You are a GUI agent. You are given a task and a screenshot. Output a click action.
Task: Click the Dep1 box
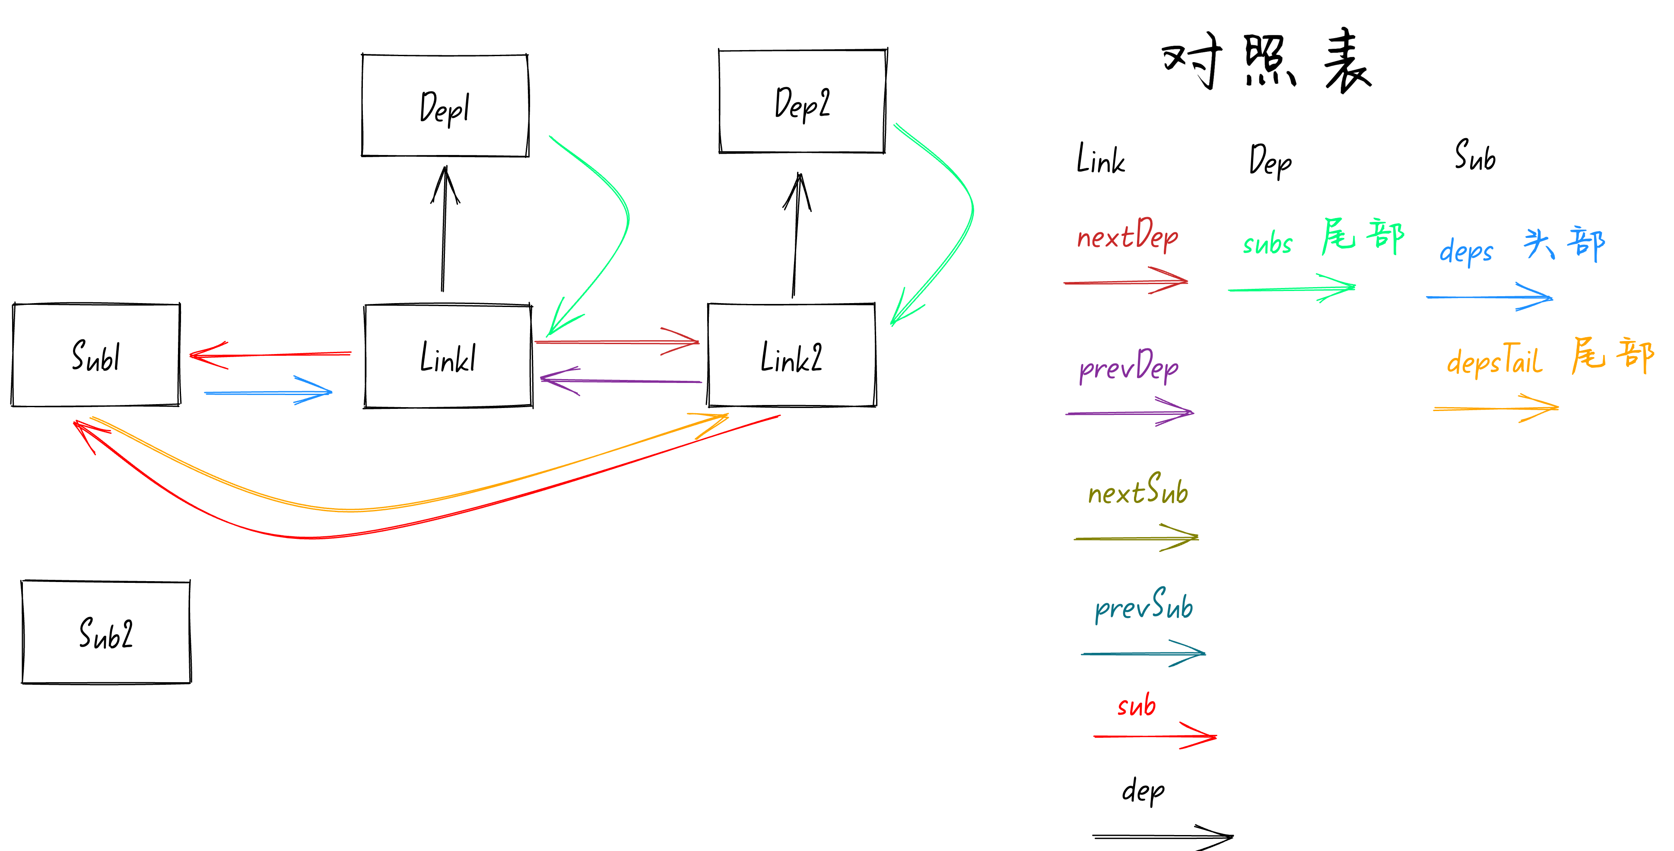(x=445, y=106)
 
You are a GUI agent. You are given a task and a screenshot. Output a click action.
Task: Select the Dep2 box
(x=803, y=102)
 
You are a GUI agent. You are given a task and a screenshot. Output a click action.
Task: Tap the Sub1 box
(x=96, y=355)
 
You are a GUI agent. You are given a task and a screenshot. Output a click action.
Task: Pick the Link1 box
(x=448, y=357)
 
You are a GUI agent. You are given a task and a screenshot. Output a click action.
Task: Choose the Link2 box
(x=791, y=355)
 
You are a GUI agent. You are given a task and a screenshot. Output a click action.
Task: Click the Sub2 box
(x=106, y=632)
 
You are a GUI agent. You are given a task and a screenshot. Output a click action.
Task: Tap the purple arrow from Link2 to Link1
(x=621, y=381)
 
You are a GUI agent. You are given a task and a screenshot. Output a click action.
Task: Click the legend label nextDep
(x=1128, y=235)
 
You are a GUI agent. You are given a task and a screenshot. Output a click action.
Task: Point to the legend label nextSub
(x=1138, y=491)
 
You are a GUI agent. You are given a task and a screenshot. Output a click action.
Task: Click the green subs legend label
(x=1267, y=244)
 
